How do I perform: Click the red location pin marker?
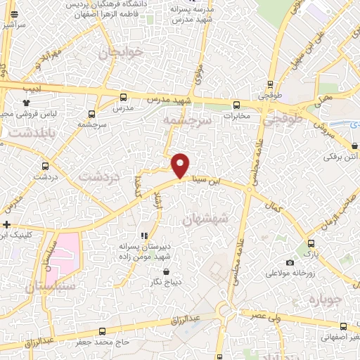[181, 165]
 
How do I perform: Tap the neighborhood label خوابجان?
[121, 53]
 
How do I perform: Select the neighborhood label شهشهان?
[206, 219]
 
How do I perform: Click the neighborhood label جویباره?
[324, 300]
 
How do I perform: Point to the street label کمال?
[273, 205]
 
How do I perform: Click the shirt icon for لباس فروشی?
[27, 102]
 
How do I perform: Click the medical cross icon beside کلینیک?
[6, 225]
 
